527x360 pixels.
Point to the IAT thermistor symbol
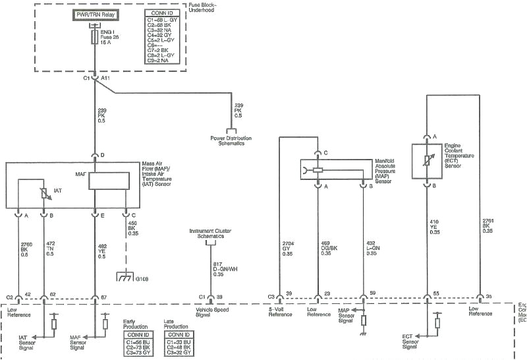tap(44, 193)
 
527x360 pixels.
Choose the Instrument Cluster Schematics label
tap(211, 233)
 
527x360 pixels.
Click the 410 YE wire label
tap(435, 226)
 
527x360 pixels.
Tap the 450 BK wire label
tap(132, 227)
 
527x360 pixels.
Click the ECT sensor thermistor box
tap(426, 160)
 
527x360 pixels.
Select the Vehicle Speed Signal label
tap(212, 312)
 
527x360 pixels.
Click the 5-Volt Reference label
tap(280, 312)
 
